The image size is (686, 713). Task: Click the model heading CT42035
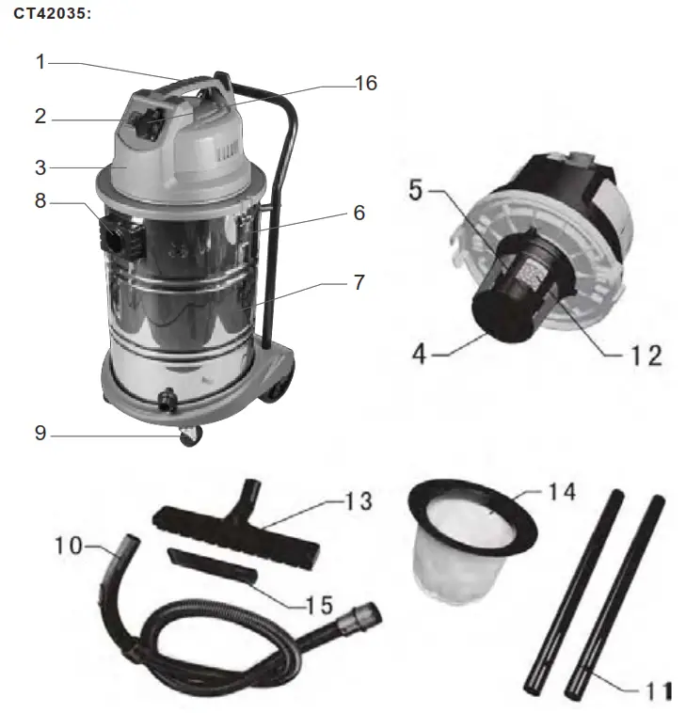[52, 17]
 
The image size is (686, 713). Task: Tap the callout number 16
[365, 84]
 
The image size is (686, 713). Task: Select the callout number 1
[40, 62]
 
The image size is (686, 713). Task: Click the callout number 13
[359, 501]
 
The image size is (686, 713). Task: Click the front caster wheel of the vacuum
[191, 436]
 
